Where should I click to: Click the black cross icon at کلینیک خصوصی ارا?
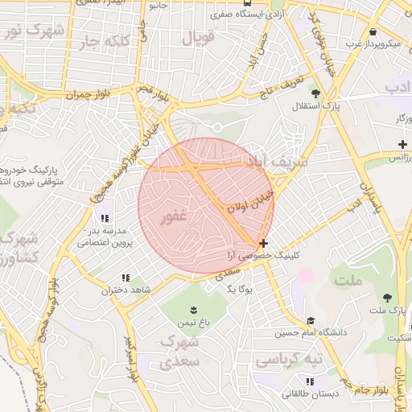263,242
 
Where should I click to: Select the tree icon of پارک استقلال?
328,93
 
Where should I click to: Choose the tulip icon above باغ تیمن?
193,310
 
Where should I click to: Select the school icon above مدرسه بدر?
105,218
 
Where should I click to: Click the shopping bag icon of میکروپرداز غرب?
373,31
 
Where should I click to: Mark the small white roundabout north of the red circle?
217,127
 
